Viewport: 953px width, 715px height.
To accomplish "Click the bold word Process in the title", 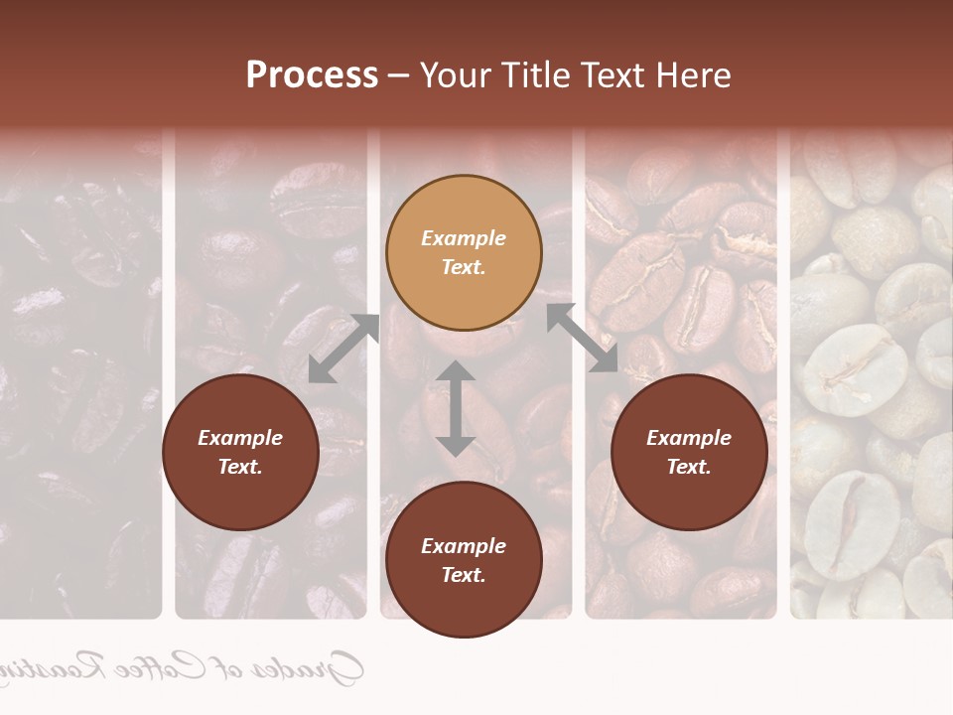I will [312, 75].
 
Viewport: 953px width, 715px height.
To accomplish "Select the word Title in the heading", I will [542, 75].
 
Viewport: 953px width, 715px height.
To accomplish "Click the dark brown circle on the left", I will [240, 452].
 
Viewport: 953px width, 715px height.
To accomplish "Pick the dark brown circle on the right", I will [689, 452].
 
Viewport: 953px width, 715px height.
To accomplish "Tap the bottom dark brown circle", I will [464, 560].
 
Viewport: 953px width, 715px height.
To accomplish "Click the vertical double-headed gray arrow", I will [456, 408].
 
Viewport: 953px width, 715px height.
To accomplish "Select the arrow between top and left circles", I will [343, 349].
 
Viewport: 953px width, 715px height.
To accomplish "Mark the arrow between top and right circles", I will [582, 338].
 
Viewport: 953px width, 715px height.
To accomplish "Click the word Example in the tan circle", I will [464, 238].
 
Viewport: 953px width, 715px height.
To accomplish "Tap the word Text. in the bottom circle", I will [464, 575].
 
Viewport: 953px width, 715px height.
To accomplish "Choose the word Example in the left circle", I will [240, 438].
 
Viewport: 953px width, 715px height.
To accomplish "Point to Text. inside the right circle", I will [689, 467].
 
